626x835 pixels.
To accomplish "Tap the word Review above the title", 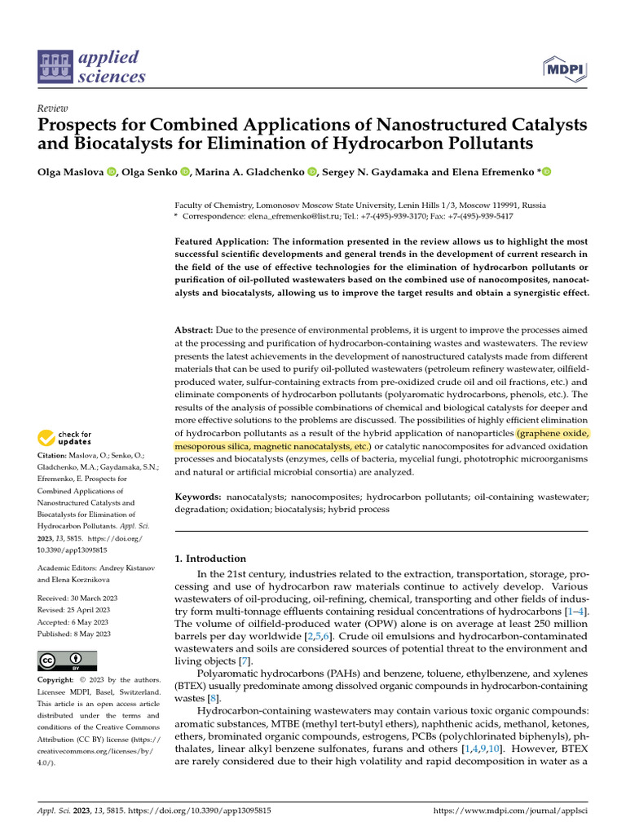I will (53, 108).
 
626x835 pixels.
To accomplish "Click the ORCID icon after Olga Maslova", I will (111, 171).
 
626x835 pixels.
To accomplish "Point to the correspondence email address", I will (300, 218).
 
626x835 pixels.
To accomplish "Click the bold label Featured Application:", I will (221, 242).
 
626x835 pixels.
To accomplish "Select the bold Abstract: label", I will (194, 329).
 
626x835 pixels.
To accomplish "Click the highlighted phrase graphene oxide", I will (553, 433).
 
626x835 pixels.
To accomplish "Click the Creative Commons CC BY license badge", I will (67, 660).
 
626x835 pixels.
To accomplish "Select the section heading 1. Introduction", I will (210, 559).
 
